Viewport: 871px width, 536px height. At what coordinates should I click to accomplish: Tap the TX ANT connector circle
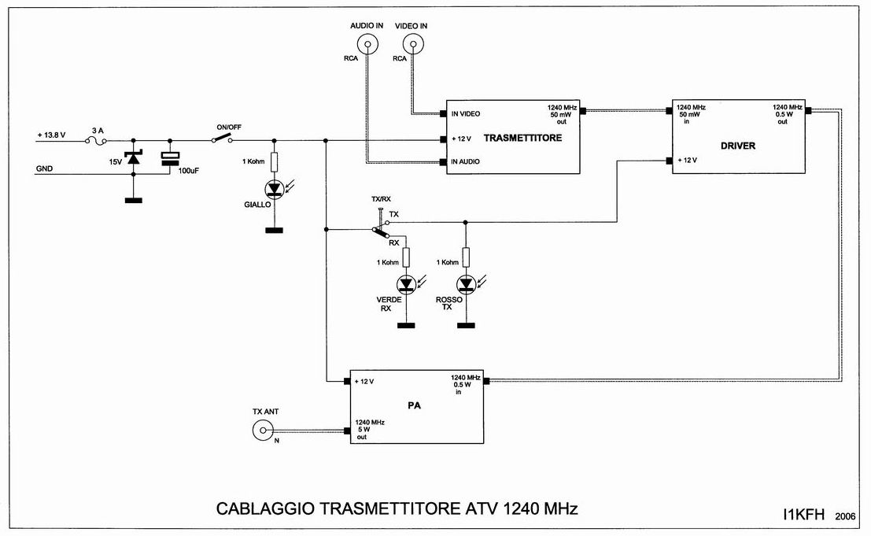point(262,430)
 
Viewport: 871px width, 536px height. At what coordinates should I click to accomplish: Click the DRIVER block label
point(737,146)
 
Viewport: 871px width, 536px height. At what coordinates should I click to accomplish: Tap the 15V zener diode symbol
point(133,158)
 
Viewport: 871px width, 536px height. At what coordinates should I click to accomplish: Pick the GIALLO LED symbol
point(274,189)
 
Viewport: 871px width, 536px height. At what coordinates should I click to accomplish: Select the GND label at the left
point(46,168)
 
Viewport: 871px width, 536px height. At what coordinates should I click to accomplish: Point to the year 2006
point(847,516)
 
